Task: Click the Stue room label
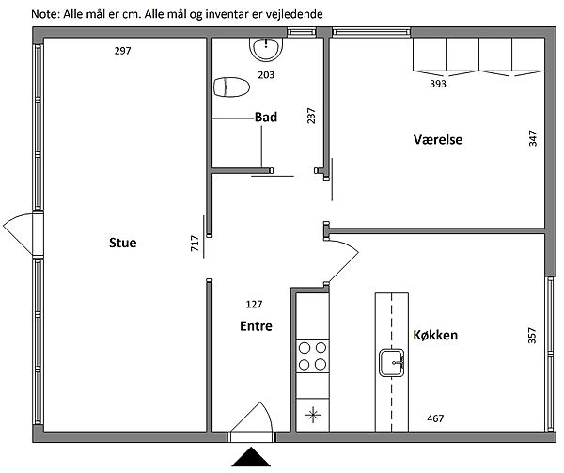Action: click(122, 243)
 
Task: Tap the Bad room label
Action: click(266, 118)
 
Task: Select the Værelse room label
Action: click(438, 139)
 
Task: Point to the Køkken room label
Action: click(435, 335)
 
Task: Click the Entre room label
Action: click(256, 326)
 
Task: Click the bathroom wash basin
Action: click(266, 49)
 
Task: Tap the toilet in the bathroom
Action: click(231, 87)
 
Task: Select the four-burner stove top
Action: click(313, 356)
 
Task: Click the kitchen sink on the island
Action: click(391, 363)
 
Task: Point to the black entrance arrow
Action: click(251, 457)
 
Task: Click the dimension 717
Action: click(195, 244)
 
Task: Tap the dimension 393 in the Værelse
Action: click(438, 84)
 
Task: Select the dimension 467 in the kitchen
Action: click(435, 418)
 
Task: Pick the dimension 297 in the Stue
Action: click(122, 51)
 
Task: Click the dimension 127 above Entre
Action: click(254, 305)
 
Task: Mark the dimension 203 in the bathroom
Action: click(266, 75)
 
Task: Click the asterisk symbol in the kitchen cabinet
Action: click(313, 415)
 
